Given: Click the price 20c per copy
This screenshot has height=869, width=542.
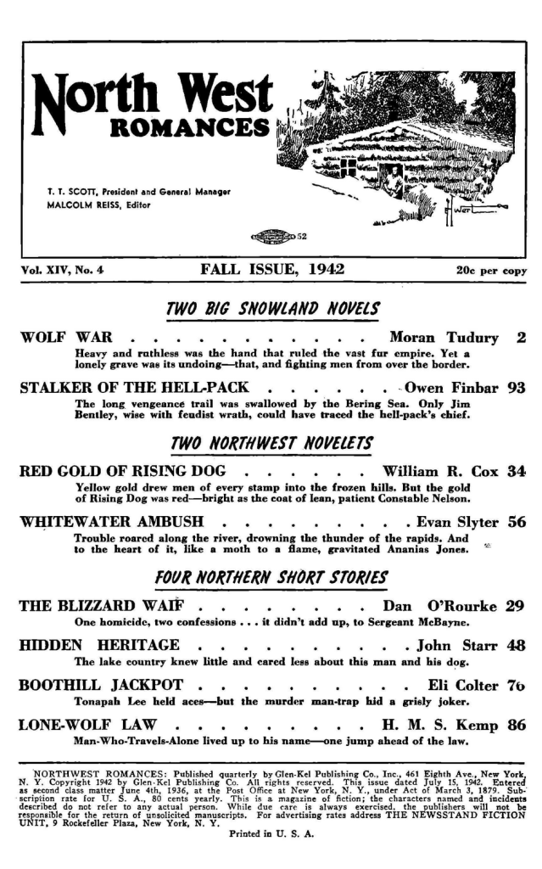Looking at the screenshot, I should point(491,272).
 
